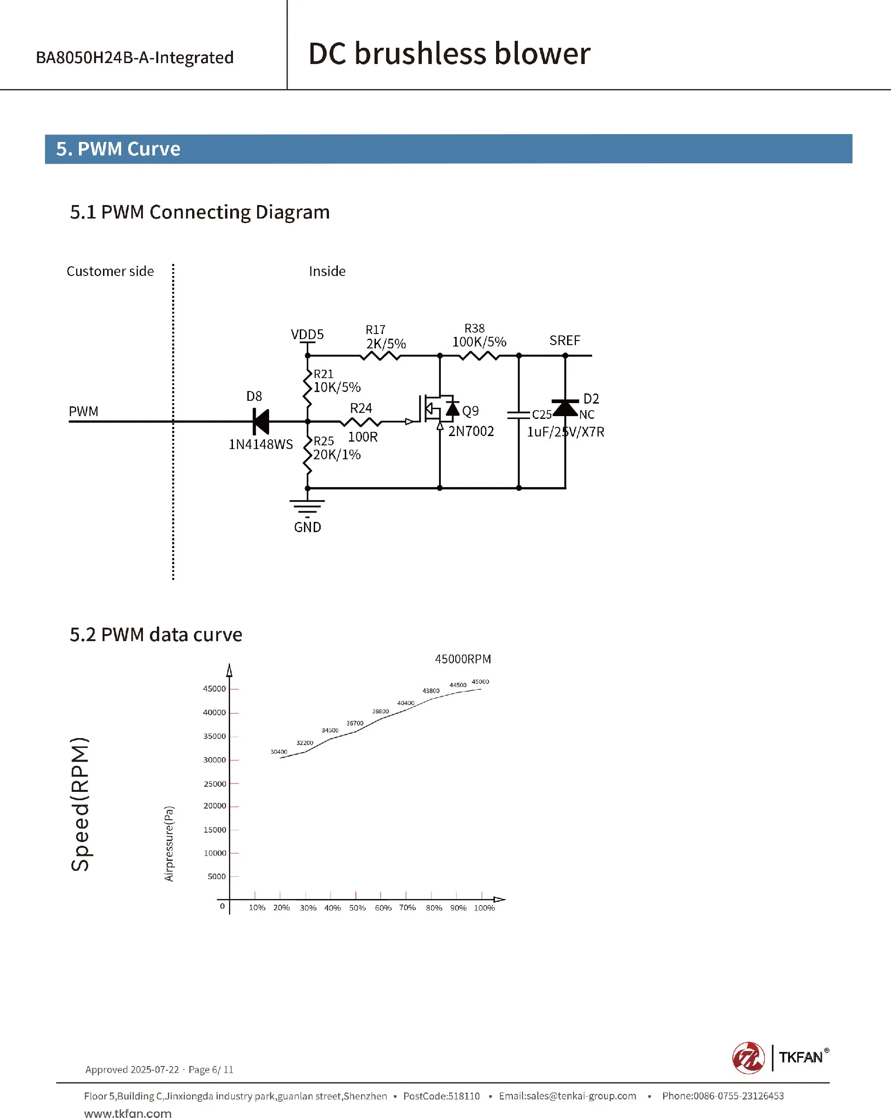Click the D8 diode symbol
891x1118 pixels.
click(261, 422)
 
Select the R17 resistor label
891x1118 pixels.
click(375, 330)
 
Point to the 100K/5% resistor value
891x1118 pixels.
click(479, 342)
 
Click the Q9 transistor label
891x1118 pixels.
click(471, 411)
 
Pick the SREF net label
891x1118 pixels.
click(565, 341)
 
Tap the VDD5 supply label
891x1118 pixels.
click(307, 334)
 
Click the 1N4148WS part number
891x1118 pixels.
click(261, 444)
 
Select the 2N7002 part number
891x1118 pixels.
click(471, 431)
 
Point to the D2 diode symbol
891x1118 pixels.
click(565, 408)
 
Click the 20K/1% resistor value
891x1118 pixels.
click(336, 455)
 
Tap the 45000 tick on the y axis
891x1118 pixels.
click(214, 688)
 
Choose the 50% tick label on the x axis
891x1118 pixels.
click(357, 908)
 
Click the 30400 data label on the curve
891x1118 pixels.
click(278, 752)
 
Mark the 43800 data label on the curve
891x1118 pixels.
click(431, 691)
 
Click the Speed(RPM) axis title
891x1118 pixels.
click(80, 804)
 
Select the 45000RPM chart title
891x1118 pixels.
click(463, 659)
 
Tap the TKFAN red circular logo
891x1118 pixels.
click(748, 1057)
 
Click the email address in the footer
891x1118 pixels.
click(568, 1096)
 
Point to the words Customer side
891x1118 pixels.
click(110, 271)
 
